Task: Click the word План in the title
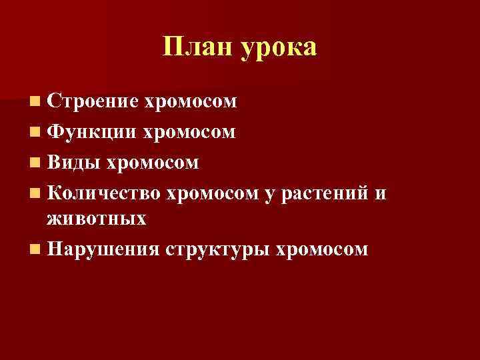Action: (x=194, y=48)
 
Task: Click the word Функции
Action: (x=91, y=132)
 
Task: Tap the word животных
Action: (x=96, y=218)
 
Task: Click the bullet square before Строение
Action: (x=34, y=103)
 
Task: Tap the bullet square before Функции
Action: (x=34, y=133)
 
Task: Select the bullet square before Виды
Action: (x=34, y=163)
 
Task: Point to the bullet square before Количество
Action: (x=34, y=193)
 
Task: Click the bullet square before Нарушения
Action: (x=34, y=249)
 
